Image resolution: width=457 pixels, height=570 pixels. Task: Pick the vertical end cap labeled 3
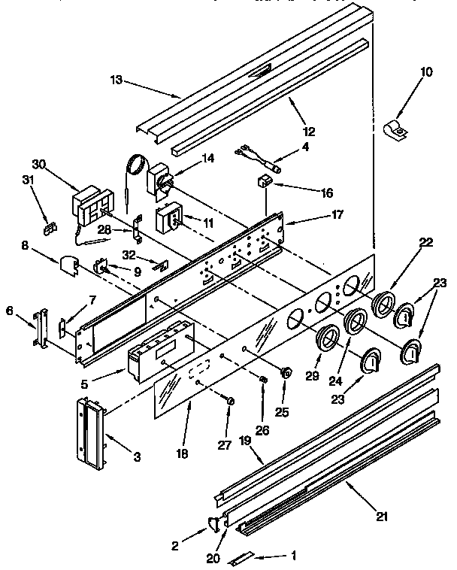pyautogui.click(x=89, y=430)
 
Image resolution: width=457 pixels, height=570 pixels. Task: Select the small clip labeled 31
pyautogui.click(x=50, y=224)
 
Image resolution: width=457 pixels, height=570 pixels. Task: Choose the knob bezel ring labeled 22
pyautogui.click(x=385, y=305)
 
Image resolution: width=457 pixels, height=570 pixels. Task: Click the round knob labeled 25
pyautogui.click(x=286, y=371)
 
